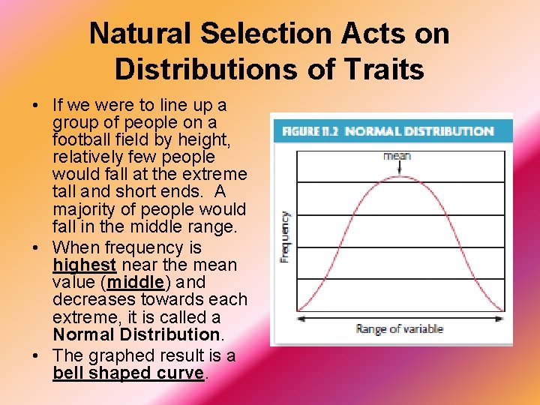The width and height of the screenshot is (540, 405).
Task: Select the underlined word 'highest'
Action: (84, 265)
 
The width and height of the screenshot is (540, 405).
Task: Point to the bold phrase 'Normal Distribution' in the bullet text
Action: (136, 334)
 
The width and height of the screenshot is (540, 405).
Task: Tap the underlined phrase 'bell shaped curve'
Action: (128, 373)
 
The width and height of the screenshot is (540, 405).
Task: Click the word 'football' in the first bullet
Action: (82, 139)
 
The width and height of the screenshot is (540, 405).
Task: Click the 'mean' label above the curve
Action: (397, 156)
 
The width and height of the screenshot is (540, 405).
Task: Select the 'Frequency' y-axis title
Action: (285, 235)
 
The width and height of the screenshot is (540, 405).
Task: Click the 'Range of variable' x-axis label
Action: (399, 328)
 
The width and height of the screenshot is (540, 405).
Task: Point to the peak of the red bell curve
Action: (397, 177)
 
